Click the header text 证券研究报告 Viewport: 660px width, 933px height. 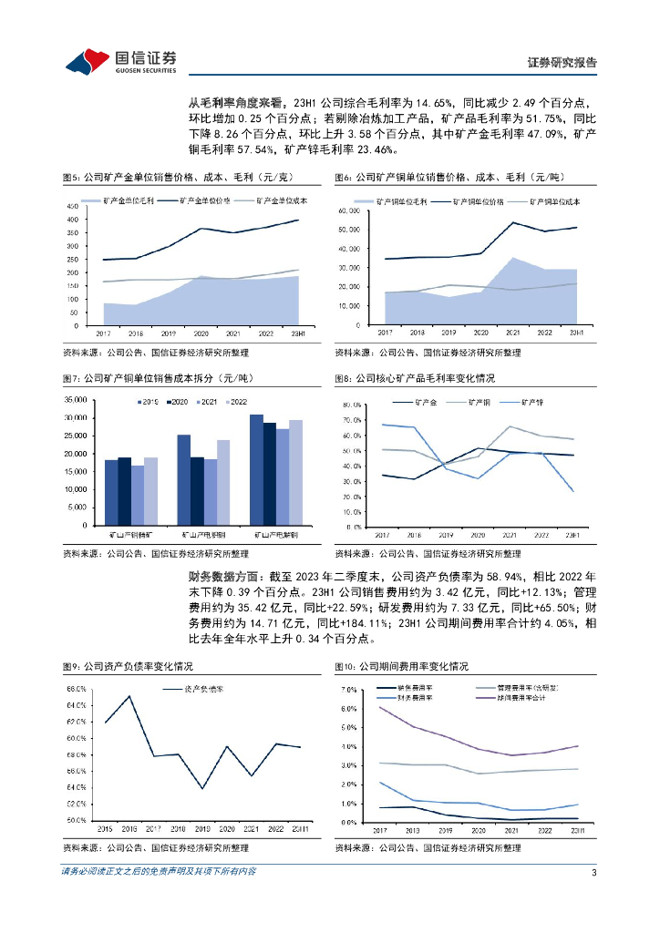[x=562, y=63]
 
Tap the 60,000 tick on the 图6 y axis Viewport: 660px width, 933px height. [x=351, y=210]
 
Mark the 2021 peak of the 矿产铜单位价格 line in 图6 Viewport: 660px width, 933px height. [x=514, y=222]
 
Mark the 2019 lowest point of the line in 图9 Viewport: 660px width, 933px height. [x=202, y=787]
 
